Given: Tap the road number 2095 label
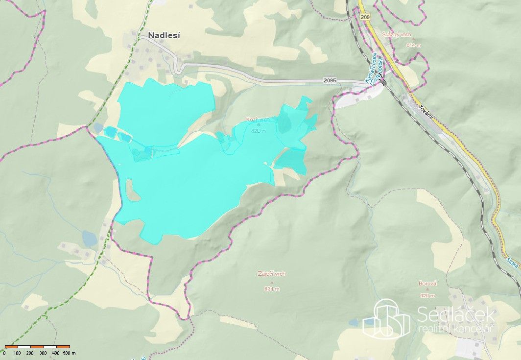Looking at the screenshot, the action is tap(330, 80).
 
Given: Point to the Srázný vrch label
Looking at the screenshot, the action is tap(397, 35).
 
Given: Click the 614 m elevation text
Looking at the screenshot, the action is tap(413, 45).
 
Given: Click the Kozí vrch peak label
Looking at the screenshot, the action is tap(258, 120).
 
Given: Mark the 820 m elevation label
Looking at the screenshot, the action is tap(258, 131).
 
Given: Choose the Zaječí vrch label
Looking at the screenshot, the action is tap(271, 274).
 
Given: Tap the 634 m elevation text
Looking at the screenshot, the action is tap(271, 289).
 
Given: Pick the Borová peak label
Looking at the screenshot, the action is tap(427, 284).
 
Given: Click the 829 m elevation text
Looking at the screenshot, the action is tap(427, 295).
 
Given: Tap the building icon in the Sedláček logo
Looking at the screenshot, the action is tap(386, 319).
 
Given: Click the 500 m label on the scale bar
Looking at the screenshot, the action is tap(69, 353).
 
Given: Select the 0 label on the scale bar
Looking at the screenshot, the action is tap(4, 353).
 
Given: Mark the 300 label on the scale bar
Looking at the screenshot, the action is tap(43, 353).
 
